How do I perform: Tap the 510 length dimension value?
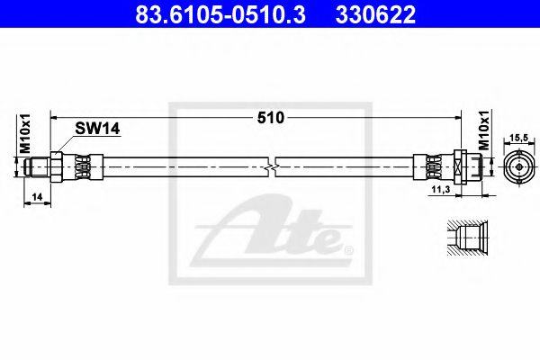coord(271,118)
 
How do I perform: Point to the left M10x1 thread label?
coord(24,134)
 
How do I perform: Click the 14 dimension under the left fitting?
coord(35,195)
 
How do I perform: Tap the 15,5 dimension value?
coord(518,138)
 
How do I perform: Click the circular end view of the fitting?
coord(518,167)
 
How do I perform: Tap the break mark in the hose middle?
coord(273,166)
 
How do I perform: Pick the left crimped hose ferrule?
coord(80,167)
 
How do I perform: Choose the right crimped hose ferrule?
coord(430,167)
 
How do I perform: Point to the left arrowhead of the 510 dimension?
coord(55,117)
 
